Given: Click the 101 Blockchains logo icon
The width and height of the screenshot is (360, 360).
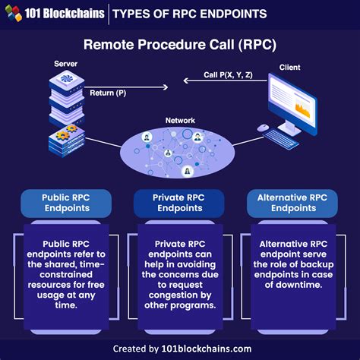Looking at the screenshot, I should (13, 12).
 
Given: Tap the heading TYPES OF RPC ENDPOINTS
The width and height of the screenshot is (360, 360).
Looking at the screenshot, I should (190, 13).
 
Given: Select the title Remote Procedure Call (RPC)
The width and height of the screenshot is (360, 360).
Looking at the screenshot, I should (179, 45).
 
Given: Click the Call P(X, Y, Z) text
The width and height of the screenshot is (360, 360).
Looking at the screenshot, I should (227, 76).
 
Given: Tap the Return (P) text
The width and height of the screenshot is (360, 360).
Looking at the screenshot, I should (108, 92).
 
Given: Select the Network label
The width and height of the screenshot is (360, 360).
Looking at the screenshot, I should (179, 120).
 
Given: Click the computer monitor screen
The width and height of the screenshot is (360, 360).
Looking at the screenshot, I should (294, 103).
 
